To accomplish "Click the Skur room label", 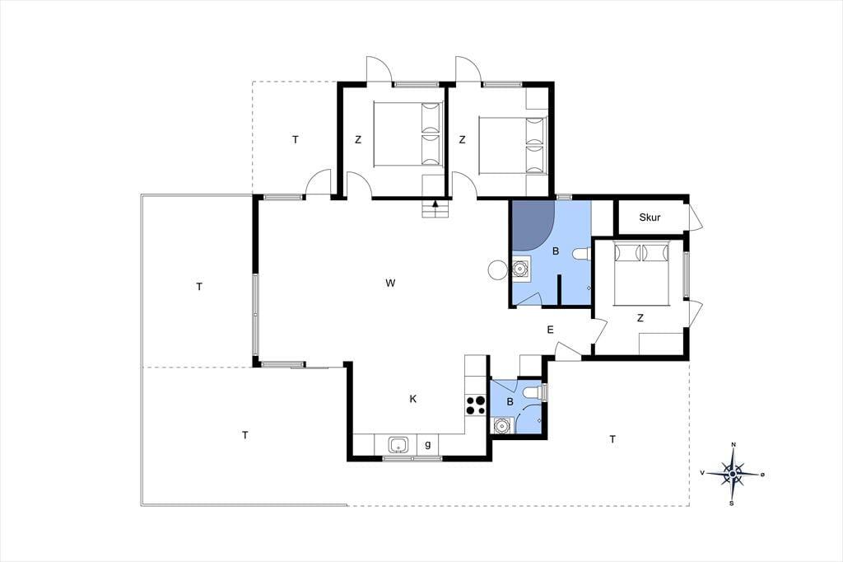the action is click(650, 218).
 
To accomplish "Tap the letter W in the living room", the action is click(391, 283).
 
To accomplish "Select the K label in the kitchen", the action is click(413, 399).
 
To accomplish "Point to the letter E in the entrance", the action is click(550, 330).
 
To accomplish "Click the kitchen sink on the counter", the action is click(398, 445).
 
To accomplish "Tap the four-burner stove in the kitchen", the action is click(475, 405).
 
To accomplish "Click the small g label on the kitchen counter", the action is click(428, 445).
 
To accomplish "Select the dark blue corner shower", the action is click(533, 226).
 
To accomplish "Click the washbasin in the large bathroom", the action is click(521, 268).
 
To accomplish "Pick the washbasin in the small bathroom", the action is click(502, 426).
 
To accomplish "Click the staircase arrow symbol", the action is click(435, 205).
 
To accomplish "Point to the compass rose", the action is click(733, 474).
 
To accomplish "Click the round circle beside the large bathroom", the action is click(496, 269).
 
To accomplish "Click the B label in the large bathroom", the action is click(556, 251).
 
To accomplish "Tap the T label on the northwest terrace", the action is click(296, 140).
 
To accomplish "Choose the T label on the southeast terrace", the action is click(612, 440).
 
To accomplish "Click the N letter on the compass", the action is click(734, 445).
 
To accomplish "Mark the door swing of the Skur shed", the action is click(696, 218).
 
